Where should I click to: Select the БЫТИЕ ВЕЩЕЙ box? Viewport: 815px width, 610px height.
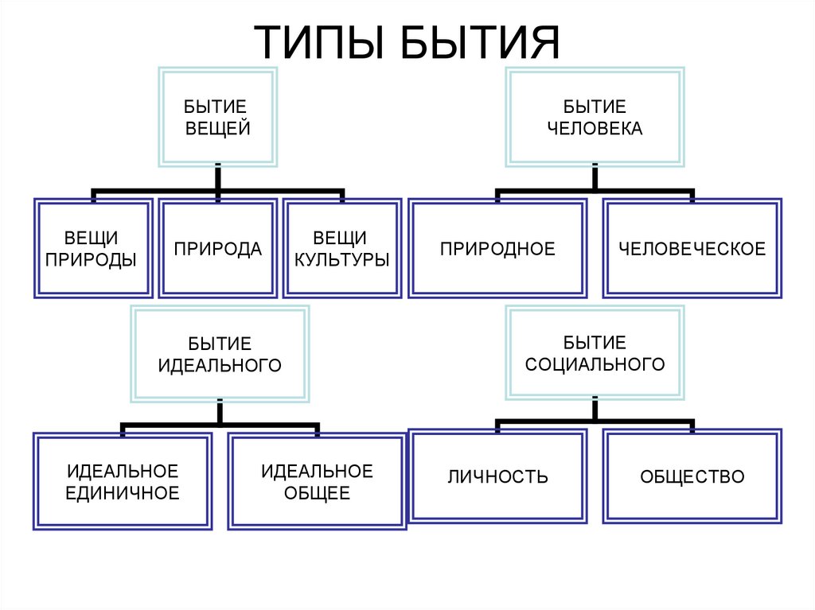coord(217,117)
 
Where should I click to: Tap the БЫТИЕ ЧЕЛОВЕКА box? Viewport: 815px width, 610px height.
coord(595,117)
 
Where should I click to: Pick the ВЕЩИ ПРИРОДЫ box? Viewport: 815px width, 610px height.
coord(92,249)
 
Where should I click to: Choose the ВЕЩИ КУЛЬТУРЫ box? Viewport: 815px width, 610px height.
coord(341,249)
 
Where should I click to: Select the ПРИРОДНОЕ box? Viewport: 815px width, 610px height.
coord(497,249)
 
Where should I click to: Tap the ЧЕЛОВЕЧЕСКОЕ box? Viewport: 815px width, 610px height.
coord(692,249)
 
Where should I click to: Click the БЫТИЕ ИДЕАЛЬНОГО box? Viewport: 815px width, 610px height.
coord(220,354)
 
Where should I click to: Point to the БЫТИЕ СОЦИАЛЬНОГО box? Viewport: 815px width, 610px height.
coord(595,354)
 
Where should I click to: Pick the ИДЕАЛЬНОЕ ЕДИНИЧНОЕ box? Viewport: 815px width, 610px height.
coord(122,481)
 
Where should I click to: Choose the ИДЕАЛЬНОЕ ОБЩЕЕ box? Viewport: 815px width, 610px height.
coord(317,481)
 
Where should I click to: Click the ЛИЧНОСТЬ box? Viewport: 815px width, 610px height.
coord(497,477)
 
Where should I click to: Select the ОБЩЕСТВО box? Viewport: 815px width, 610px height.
coord(692,477)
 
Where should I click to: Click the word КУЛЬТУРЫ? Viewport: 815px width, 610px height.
coord(341,260)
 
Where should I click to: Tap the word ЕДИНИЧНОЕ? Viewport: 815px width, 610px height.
coord(122,493)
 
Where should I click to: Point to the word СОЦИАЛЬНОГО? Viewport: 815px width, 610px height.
coord(595,365)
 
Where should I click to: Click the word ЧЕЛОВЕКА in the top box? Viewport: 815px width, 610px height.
coord(595,128)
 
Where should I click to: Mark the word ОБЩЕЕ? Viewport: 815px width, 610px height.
coord(317,493)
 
